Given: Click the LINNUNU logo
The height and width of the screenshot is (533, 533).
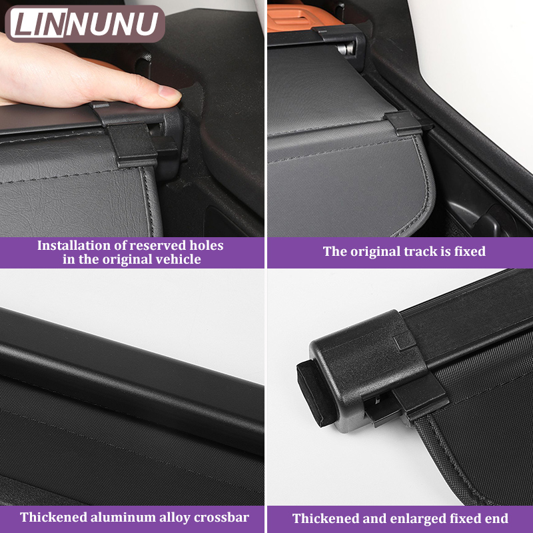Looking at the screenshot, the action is coord(85,24).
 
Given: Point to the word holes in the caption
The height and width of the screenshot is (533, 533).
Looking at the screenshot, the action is coord(207,245).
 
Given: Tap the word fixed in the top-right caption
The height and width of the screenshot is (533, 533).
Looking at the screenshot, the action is coord(470,251).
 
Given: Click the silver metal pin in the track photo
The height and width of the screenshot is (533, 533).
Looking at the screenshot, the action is coord(346,49).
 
